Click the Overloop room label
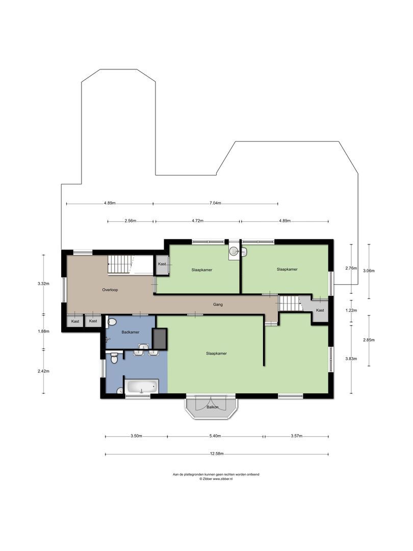(110, 290)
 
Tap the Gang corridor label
(218, 305)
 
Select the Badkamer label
(131, 332)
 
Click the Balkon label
(213, 407)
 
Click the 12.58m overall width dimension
(217, 454)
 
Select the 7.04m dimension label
(215, 203)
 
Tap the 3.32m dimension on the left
(44, 284)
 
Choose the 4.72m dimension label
(197, 221)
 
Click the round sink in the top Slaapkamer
(234, 251)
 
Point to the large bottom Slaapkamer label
(216, 353)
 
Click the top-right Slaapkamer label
(287, 269)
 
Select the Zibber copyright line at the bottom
(216, 479)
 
